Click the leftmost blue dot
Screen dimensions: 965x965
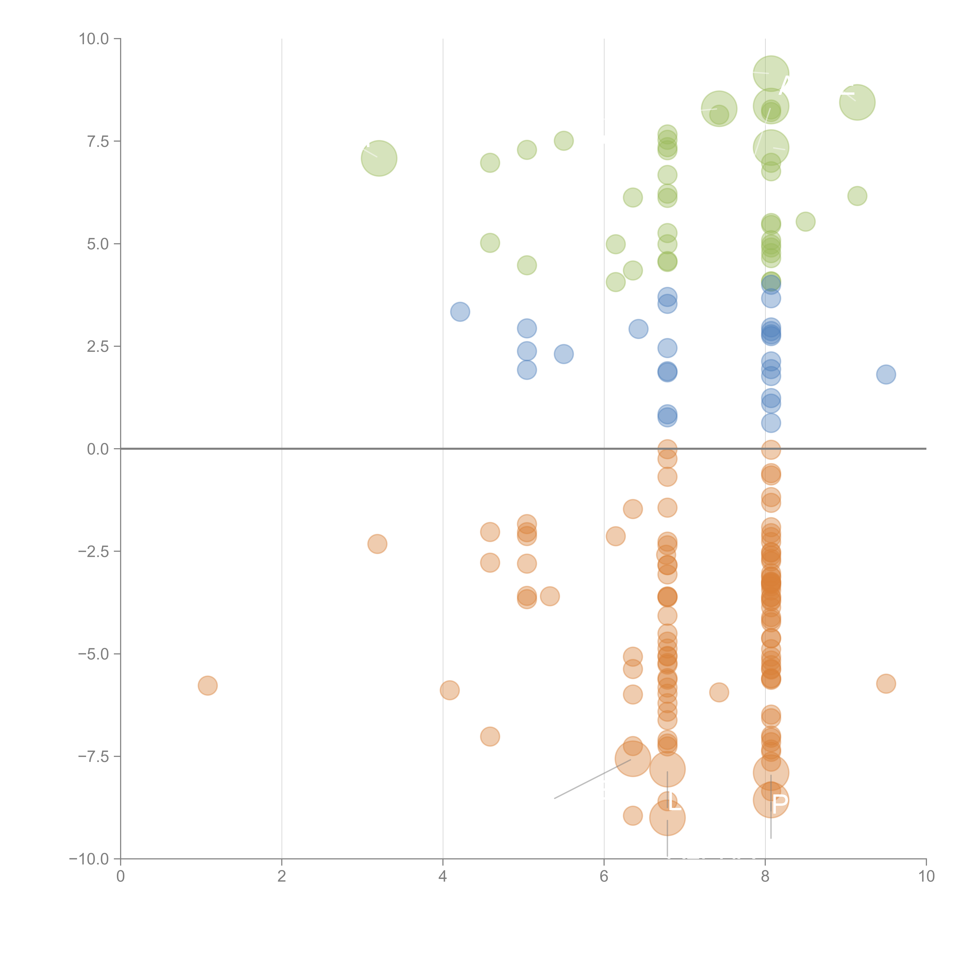click(460, 312)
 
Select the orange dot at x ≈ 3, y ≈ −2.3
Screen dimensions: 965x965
click(377, 544)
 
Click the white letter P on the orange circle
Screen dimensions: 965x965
click(779, 804)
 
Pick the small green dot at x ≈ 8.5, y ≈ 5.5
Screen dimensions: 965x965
click(805, 221)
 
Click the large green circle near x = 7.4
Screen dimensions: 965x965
click(719, 109)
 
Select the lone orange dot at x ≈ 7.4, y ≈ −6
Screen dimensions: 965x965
click(719, 692)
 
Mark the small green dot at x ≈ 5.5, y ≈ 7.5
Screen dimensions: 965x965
click(563, 141)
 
